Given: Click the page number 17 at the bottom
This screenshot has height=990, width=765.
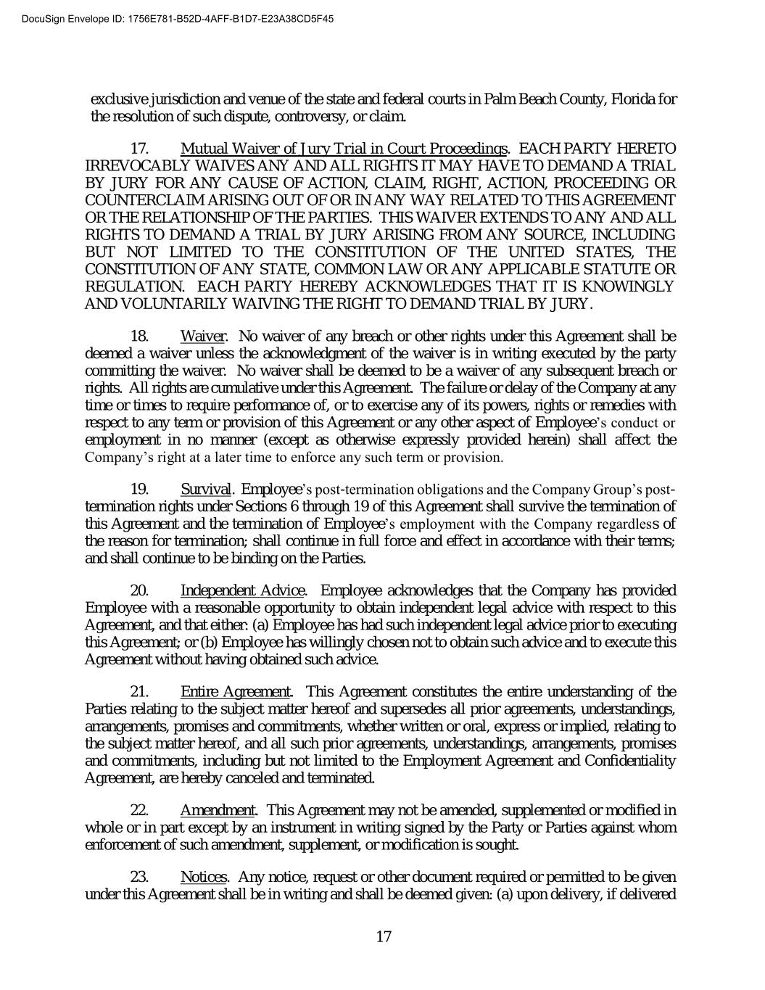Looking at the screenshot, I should coord(384,936).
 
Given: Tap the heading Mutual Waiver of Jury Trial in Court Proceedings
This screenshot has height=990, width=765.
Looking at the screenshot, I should coord(344,149).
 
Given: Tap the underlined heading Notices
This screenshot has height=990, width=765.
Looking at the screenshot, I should coord(204,878).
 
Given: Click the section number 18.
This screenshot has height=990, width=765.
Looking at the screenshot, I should coord(139,337).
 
